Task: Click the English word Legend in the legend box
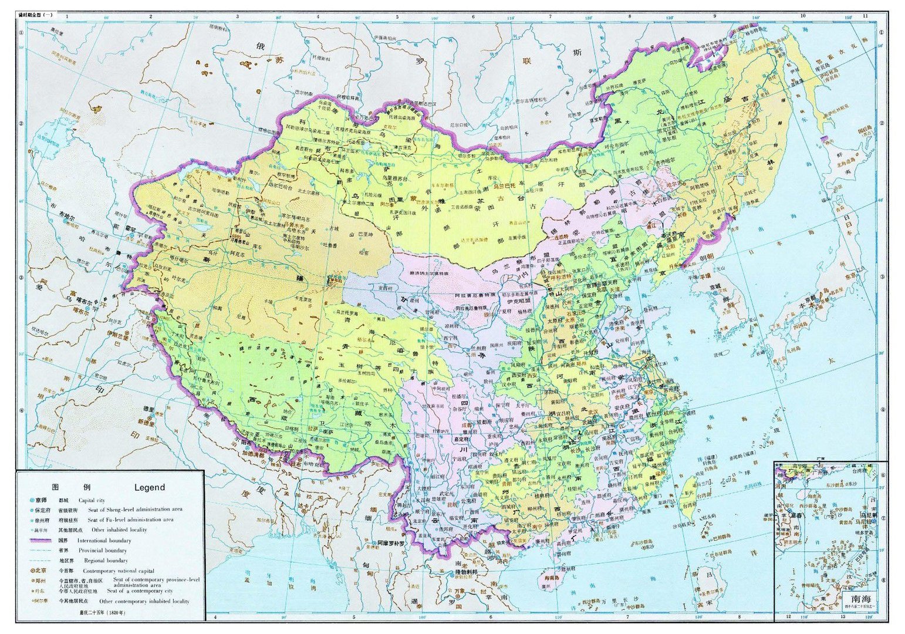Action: [150, 487]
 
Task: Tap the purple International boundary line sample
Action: [40, 540]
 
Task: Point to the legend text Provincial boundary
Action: [103, 551]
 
